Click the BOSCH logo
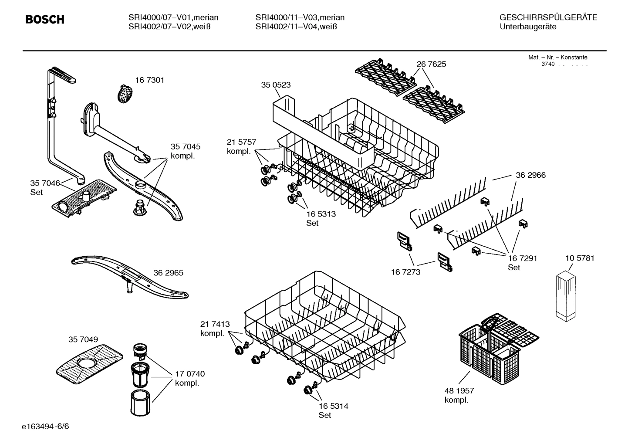45,20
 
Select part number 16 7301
149,80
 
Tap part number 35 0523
276,85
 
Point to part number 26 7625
431,64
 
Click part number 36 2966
530,175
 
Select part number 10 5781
580,258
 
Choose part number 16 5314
333,406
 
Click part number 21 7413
215,324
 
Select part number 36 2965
168,273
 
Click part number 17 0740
190,374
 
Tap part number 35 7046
45,183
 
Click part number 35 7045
186,147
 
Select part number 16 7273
405,272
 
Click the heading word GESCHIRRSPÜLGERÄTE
548,17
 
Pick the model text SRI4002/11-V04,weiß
297,27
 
